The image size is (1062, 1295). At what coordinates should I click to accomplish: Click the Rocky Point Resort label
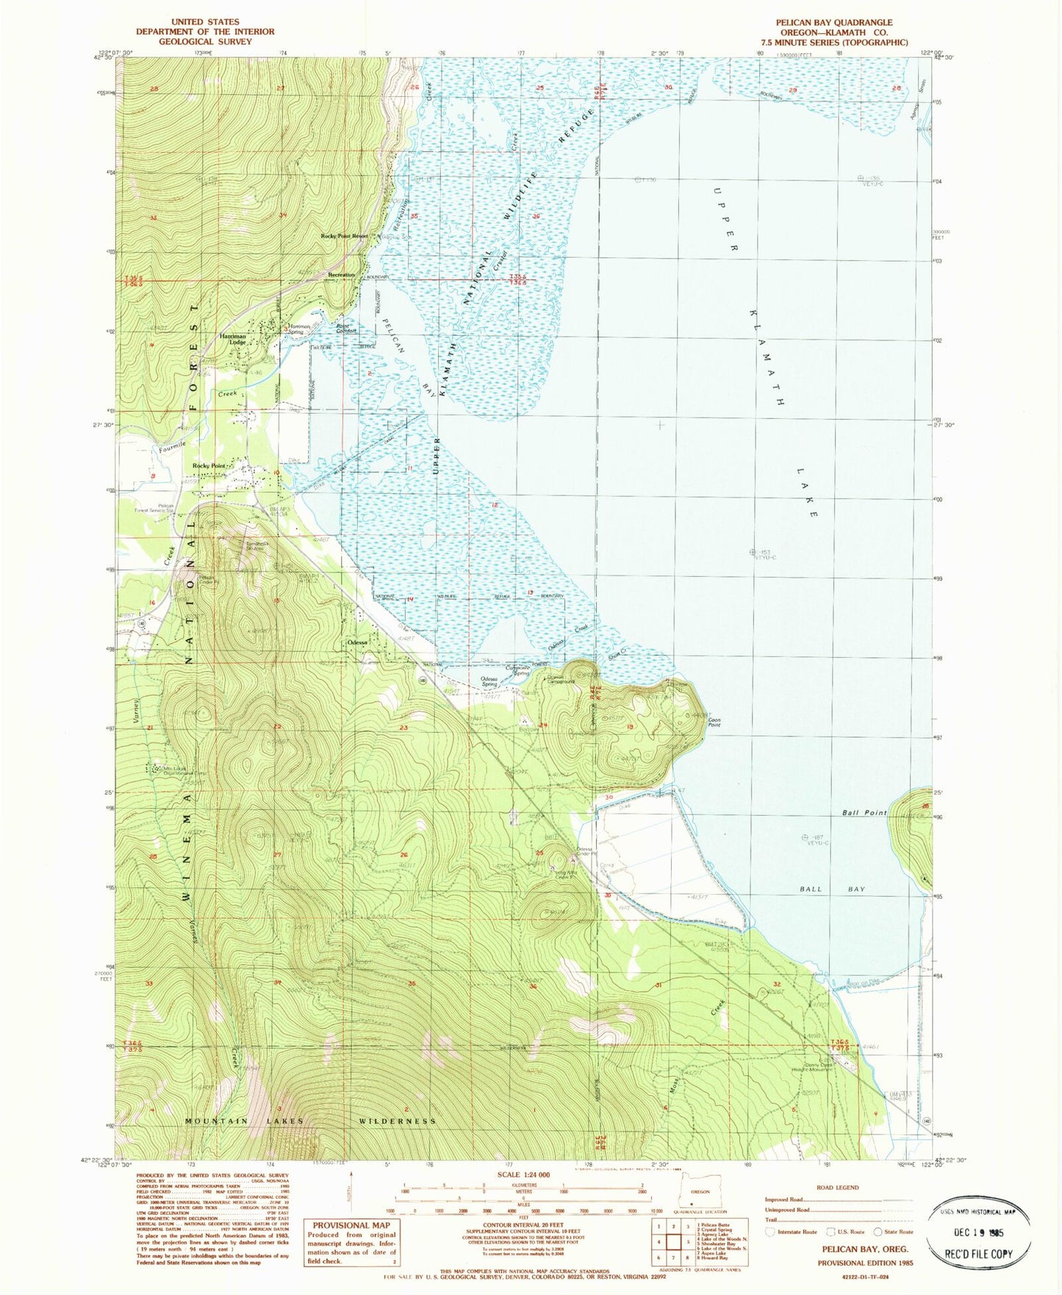pos(344,237)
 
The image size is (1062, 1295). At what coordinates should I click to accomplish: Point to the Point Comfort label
pos(346,329)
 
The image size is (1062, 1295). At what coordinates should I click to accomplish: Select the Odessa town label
pos(358,642)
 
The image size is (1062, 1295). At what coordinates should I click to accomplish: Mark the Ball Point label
pos(864,813)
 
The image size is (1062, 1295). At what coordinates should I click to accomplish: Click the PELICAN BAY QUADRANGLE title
pos(834,23)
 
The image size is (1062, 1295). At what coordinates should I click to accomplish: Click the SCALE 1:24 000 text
pos(523,1175)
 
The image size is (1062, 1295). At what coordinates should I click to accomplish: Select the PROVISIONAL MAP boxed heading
pos(352,1225)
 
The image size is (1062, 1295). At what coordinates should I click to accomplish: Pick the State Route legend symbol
pos(878,1232)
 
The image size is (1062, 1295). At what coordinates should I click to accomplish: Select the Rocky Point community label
pos(209,466)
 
